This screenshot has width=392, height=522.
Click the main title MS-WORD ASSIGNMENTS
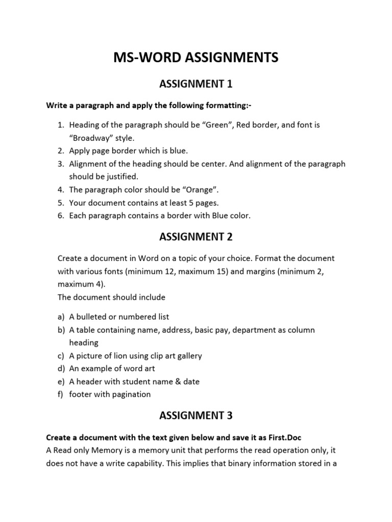pos(196,58)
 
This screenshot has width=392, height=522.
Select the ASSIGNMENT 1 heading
pos(196,83)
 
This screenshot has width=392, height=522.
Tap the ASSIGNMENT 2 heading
pos(196,236)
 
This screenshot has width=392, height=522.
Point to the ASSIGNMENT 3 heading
pos(196,415)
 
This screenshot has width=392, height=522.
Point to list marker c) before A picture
pos(61,356)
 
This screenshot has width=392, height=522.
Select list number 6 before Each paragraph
pos(61,216)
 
